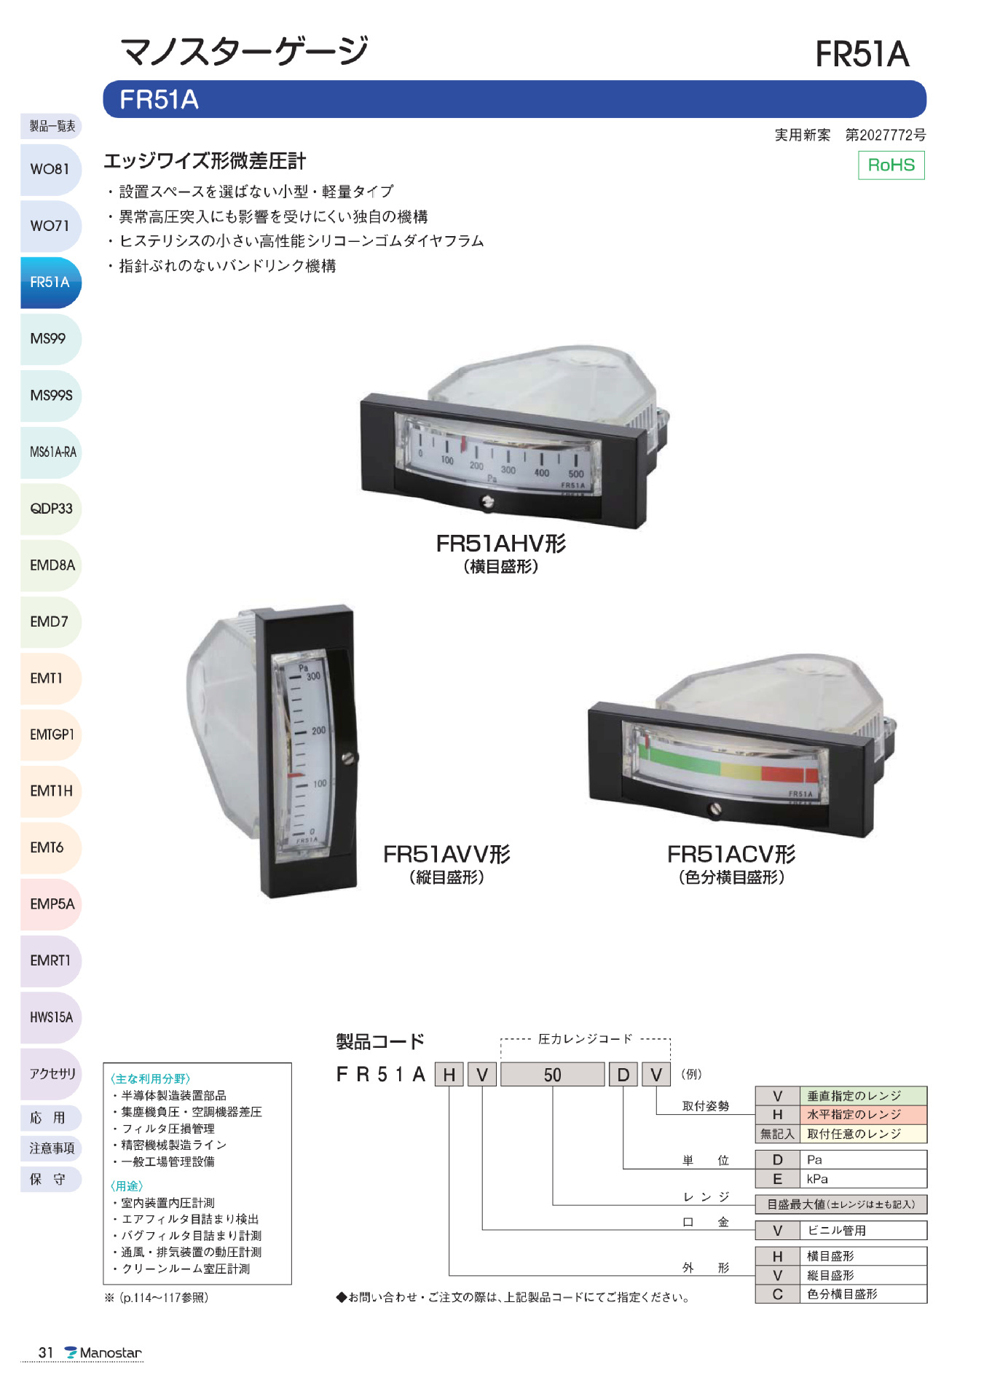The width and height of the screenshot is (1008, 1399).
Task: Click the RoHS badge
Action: coord(891,165)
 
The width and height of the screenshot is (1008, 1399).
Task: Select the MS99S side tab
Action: coord(50,396)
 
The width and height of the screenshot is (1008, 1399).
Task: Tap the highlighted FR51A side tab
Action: coord(50,282)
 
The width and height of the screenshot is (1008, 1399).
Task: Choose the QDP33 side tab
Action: coord(50,509)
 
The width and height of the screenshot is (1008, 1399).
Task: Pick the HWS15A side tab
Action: coord(50,1017)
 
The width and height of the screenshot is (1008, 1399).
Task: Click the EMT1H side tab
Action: coord(50,791)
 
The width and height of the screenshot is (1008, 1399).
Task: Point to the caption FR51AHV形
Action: coord(500,544)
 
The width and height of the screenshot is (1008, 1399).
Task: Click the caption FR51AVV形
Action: coord(446,854)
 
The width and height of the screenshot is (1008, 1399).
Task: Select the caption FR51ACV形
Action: coord(731,854)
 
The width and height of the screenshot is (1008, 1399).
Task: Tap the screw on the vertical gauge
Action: coord(349,758)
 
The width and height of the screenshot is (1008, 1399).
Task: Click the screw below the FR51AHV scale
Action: coord(488,502)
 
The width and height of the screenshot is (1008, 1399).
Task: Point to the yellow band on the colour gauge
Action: coord(740,769)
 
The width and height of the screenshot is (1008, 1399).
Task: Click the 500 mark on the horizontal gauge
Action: coord(575,474)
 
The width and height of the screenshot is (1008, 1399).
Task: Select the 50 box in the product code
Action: coord(552,1075)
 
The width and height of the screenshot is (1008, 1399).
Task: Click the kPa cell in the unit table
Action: coord(818,1179)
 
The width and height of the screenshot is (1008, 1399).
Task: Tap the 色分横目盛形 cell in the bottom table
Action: coord(842,1294)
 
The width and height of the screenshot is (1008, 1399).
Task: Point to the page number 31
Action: coord(46,1353)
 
